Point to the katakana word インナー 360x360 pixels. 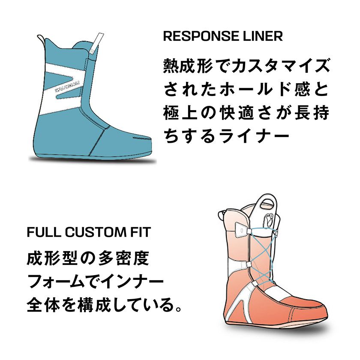[137, 282]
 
